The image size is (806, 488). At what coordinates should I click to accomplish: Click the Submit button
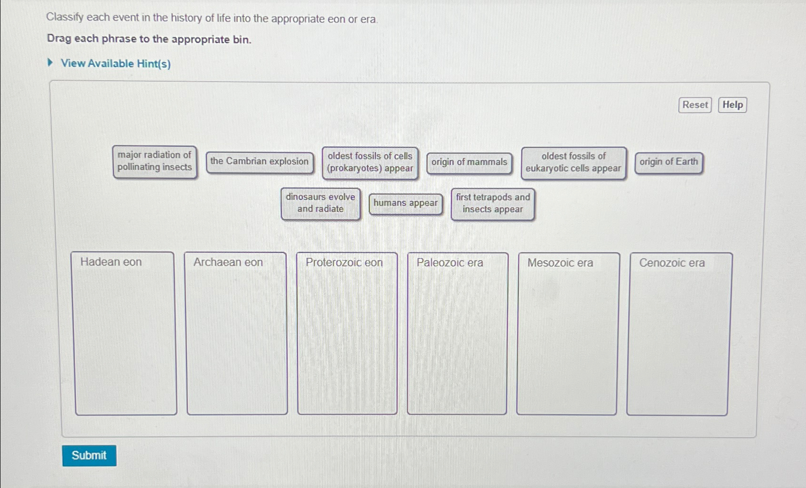click(89, 455)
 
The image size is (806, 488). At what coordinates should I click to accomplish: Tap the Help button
click(732, 105)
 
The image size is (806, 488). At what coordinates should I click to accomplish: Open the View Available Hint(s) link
click(116, 64)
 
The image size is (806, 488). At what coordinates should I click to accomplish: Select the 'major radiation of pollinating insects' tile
click(155, 161)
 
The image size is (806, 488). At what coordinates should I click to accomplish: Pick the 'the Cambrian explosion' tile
click(259, 162)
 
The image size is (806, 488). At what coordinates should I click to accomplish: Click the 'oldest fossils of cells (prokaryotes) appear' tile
click(370, 162)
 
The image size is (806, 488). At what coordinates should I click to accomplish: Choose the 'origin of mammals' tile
click(469, 162)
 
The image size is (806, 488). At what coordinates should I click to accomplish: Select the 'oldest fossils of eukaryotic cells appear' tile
click(573, 162)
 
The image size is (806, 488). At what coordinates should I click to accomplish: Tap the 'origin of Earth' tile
click(668, 162)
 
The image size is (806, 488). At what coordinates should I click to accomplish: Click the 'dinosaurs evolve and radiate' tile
click(321, 203)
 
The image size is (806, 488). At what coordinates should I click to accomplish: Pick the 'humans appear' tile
click(406, 203)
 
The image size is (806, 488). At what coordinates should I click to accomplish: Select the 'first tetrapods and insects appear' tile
click(493, 204)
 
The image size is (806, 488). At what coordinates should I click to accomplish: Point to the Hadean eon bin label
click(111, 262)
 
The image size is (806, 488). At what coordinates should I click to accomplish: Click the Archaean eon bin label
click(228, 263)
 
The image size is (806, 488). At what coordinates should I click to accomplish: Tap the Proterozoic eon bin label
click(344, 263)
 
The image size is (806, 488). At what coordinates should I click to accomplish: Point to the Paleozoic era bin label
click(450, 263)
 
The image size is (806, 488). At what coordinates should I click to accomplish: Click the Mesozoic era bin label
click(560, 263)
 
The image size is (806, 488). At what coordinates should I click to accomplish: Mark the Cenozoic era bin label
click(672, 263)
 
